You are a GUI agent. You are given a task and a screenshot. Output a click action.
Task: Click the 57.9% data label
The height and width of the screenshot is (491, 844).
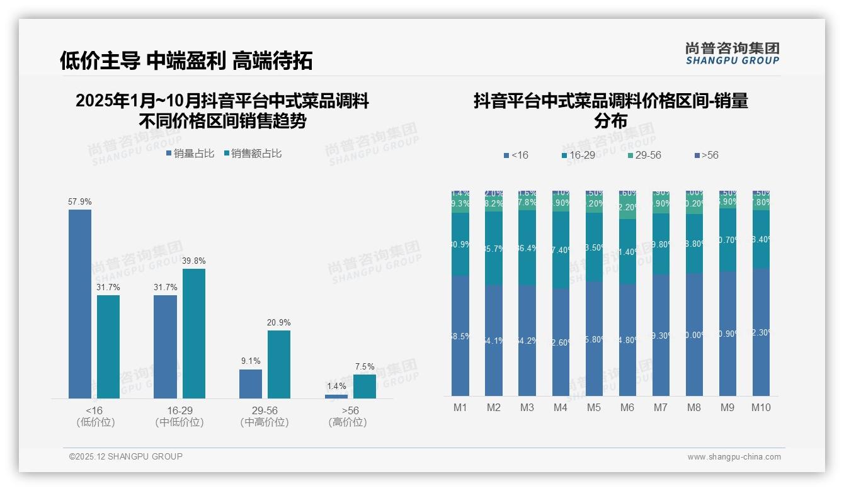tap(80, 202)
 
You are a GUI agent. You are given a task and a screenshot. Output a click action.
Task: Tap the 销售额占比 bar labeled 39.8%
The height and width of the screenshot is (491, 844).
tap(194, 334)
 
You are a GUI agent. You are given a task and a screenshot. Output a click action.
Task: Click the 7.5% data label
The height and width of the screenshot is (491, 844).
tap(365, 366)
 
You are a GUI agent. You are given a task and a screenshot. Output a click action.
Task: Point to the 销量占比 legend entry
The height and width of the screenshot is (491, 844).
tap(190, 154)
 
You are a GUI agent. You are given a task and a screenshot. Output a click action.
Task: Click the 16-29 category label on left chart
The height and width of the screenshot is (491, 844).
tap(180, 410)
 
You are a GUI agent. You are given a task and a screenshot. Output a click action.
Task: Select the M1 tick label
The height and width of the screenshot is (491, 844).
tap(460, 407)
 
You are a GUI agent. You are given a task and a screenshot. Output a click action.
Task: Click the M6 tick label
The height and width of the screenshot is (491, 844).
tap(627, 407)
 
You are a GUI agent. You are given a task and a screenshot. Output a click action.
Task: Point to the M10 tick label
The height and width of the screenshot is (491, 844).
tap(761, 407)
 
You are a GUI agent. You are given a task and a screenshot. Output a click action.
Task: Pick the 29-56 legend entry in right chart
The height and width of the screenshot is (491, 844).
tap(644, 155)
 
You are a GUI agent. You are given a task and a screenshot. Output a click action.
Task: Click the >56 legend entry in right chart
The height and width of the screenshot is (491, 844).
tap(705, 155)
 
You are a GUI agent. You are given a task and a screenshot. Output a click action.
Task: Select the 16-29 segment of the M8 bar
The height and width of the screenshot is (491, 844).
tap(694, 244)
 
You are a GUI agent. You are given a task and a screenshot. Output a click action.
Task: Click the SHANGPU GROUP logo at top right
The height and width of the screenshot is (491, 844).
tap(733, 54)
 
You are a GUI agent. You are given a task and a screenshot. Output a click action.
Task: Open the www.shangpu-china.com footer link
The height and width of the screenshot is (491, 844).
tap(734, 457)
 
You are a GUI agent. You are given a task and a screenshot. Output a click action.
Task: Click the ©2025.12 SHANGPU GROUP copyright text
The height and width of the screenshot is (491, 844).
tap(126, 456)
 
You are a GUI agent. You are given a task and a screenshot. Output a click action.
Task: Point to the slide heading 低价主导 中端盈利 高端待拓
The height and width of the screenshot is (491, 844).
tap(186, 60)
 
